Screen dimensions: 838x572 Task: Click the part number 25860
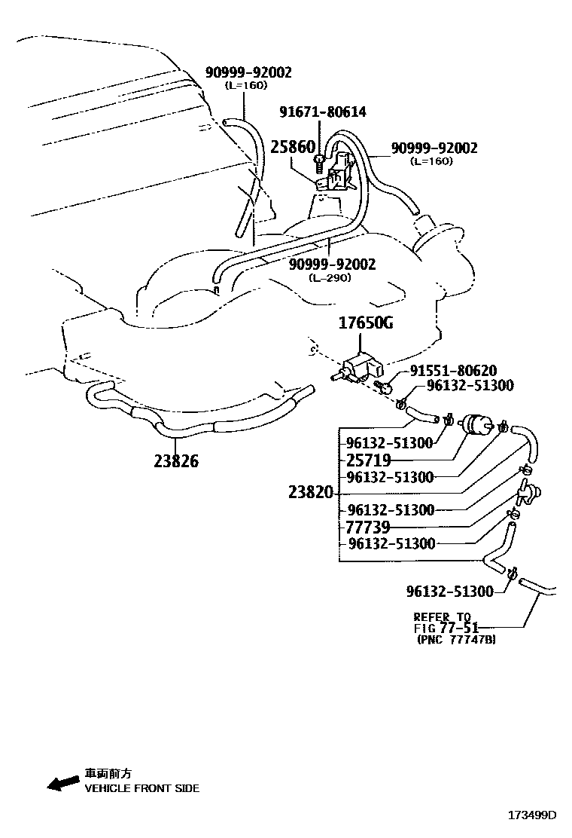pyautogui.click(x=292, y=147)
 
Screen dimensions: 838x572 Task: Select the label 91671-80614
pyautogui.click(x=322, y=112)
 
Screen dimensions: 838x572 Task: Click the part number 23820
pyautogui.click(x=310, y=493)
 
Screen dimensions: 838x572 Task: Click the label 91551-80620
pyautogui.click(x=453, y=371)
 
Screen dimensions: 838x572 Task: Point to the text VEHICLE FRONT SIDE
pyautogui.click(x=141, y=788)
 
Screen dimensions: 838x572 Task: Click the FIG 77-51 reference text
pyautogui.click(x=446, y=627)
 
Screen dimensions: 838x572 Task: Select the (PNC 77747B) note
pyautogui.click(x=455, y=640)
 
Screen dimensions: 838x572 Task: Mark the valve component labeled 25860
pyautogui.click(x=337, y=175)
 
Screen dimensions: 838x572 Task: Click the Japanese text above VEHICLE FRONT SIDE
pyautogui.click(x=108, y=773)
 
